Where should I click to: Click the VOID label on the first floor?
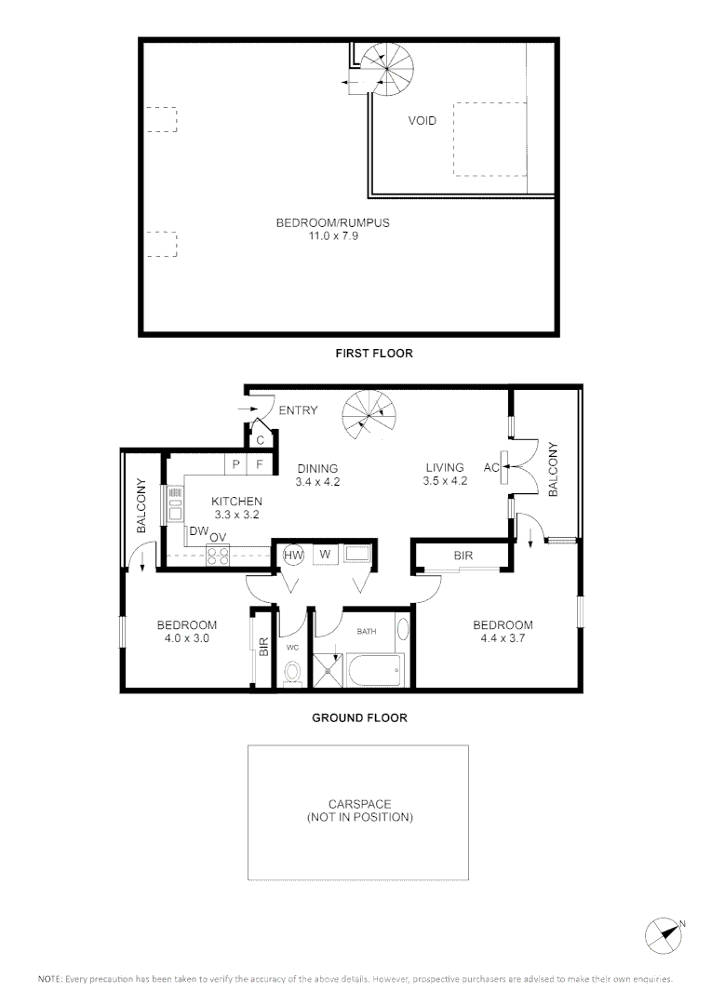tap(422, 121)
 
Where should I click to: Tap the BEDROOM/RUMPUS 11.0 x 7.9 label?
tap(332, 229)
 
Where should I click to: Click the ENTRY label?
tap(298, 410)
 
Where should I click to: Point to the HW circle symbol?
tap(293, 555)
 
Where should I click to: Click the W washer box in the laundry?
tap(325, 554)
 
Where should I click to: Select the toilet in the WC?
tap(293, 673)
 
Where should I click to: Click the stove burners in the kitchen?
tap(218, 556)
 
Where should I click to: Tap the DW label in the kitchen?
tap(197, 531)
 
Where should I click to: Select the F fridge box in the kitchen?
tap(261, 462)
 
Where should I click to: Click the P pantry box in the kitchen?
tap(236, 462)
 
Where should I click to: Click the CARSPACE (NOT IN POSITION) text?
tap(359, 811)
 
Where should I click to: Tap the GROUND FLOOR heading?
tap(359, 717)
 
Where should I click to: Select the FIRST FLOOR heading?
tap(373, 354)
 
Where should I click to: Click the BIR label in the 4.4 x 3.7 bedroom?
tap(463, 556)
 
